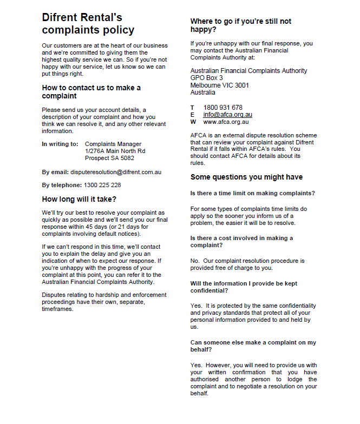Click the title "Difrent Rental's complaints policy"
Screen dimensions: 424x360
click(x=88, y=24)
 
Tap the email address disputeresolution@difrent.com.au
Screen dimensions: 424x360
click(x=116, y=172)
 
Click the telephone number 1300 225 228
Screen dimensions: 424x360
click(x=103, y=185)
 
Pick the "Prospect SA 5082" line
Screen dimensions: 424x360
click(x=109, y=158)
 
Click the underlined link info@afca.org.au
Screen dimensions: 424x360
click(x=227, y=115)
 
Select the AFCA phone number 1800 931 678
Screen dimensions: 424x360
click(x=223, y=108)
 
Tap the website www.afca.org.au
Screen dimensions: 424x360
click(x=226, y=122)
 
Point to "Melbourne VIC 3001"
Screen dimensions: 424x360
click(x=219, y=85)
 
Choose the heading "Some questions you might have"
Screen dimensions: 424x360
click(x=246, y=177)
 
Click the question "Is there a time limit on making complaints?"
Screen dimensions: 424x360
click(x=253, y=193)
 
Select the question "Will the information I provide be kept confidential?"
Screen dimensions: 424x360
click(x=244, y=287)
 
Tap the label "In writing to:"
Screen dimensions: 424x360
click(x=60, y=144)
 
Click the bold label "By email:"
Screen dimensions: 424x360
click(x=55, y=172)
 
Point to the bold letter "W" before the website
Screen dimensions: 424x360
click(x=193, y=122)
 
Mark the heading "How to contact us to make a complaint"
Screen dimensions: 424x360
click(x=91, y=91)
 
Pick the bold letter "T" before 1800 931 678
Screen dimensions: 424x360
click(x=192, y=108)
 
